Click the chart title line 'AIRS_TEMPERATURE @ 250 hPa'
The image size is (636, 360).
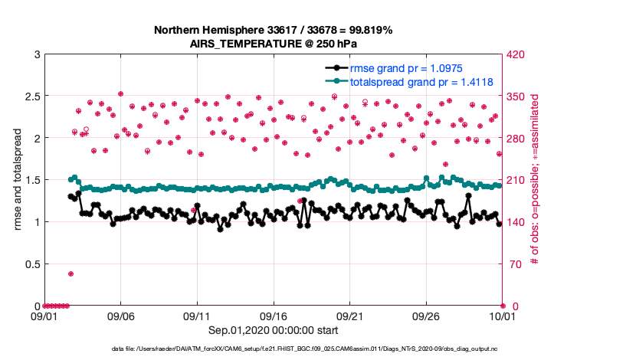click(x=274, y=44)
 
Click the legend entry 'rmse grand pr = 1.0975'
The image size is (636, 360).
click(x=405, y=68)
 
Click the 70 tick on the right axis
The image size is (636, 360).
click(x=512, y=264)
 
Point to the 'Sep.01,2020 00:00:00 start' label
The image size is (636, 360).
click(x=274, y=330)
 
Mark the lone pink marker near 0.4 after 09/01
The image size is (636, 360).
click(x=70, y=273)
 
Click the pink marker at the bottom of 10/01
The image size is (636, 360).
click(x=502, y=306)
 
